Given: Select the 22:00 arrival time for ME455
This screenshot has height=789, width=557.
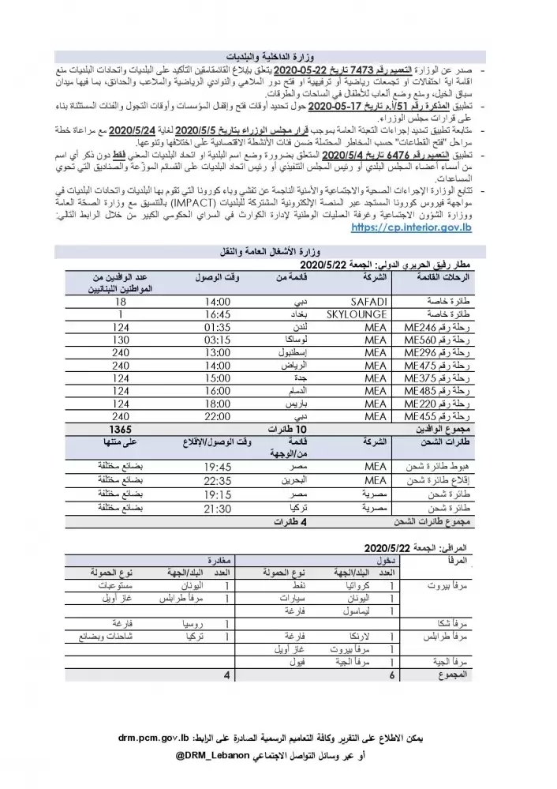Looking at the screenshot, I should tap(215, 415).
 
